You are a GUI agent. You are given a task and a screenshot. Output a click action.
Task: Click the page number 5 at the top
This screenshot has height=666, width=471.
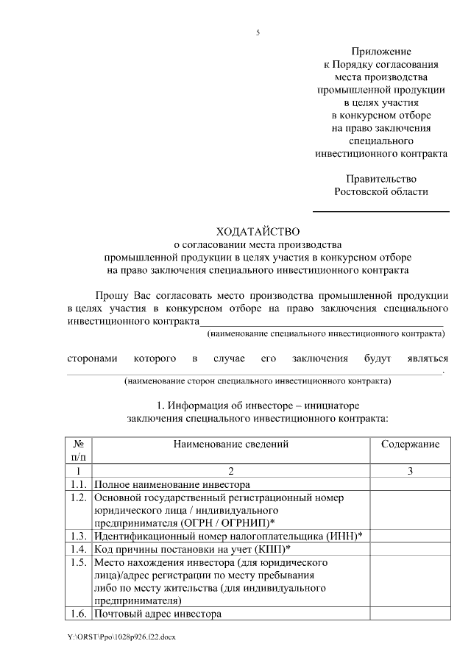click(258, 32)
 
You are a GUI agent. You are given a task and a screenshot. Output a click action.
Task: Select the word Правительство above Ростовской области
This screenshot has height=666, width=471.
click(380, 179)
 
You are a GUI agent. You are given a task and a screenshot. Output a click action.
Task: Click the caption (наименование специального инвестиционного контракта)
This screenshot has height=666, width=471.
click(327, 334)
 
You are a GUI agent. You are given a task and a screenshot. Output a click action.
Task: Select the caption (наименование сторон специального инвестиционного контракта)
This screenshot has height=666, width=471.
click(258, 381)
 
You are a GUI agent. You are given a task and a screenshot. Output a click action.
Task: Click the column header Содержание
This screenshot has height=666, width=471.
click(410, 444)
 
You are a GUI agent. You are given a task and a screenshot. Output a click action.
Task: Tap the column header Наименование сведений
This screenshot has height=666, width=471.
click(231, 444)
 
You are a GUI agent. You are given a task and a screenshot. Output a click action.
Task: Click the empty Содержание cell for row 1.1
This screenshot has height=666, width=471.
click(410, 484)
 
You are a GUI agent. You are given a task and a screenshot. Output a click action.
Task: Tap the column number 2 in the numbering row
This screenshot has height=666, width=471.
click(231, 471)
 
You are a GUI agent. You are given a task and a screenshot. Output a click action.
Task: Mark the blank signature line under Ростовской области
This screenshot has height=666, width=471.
click(380, 211)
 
